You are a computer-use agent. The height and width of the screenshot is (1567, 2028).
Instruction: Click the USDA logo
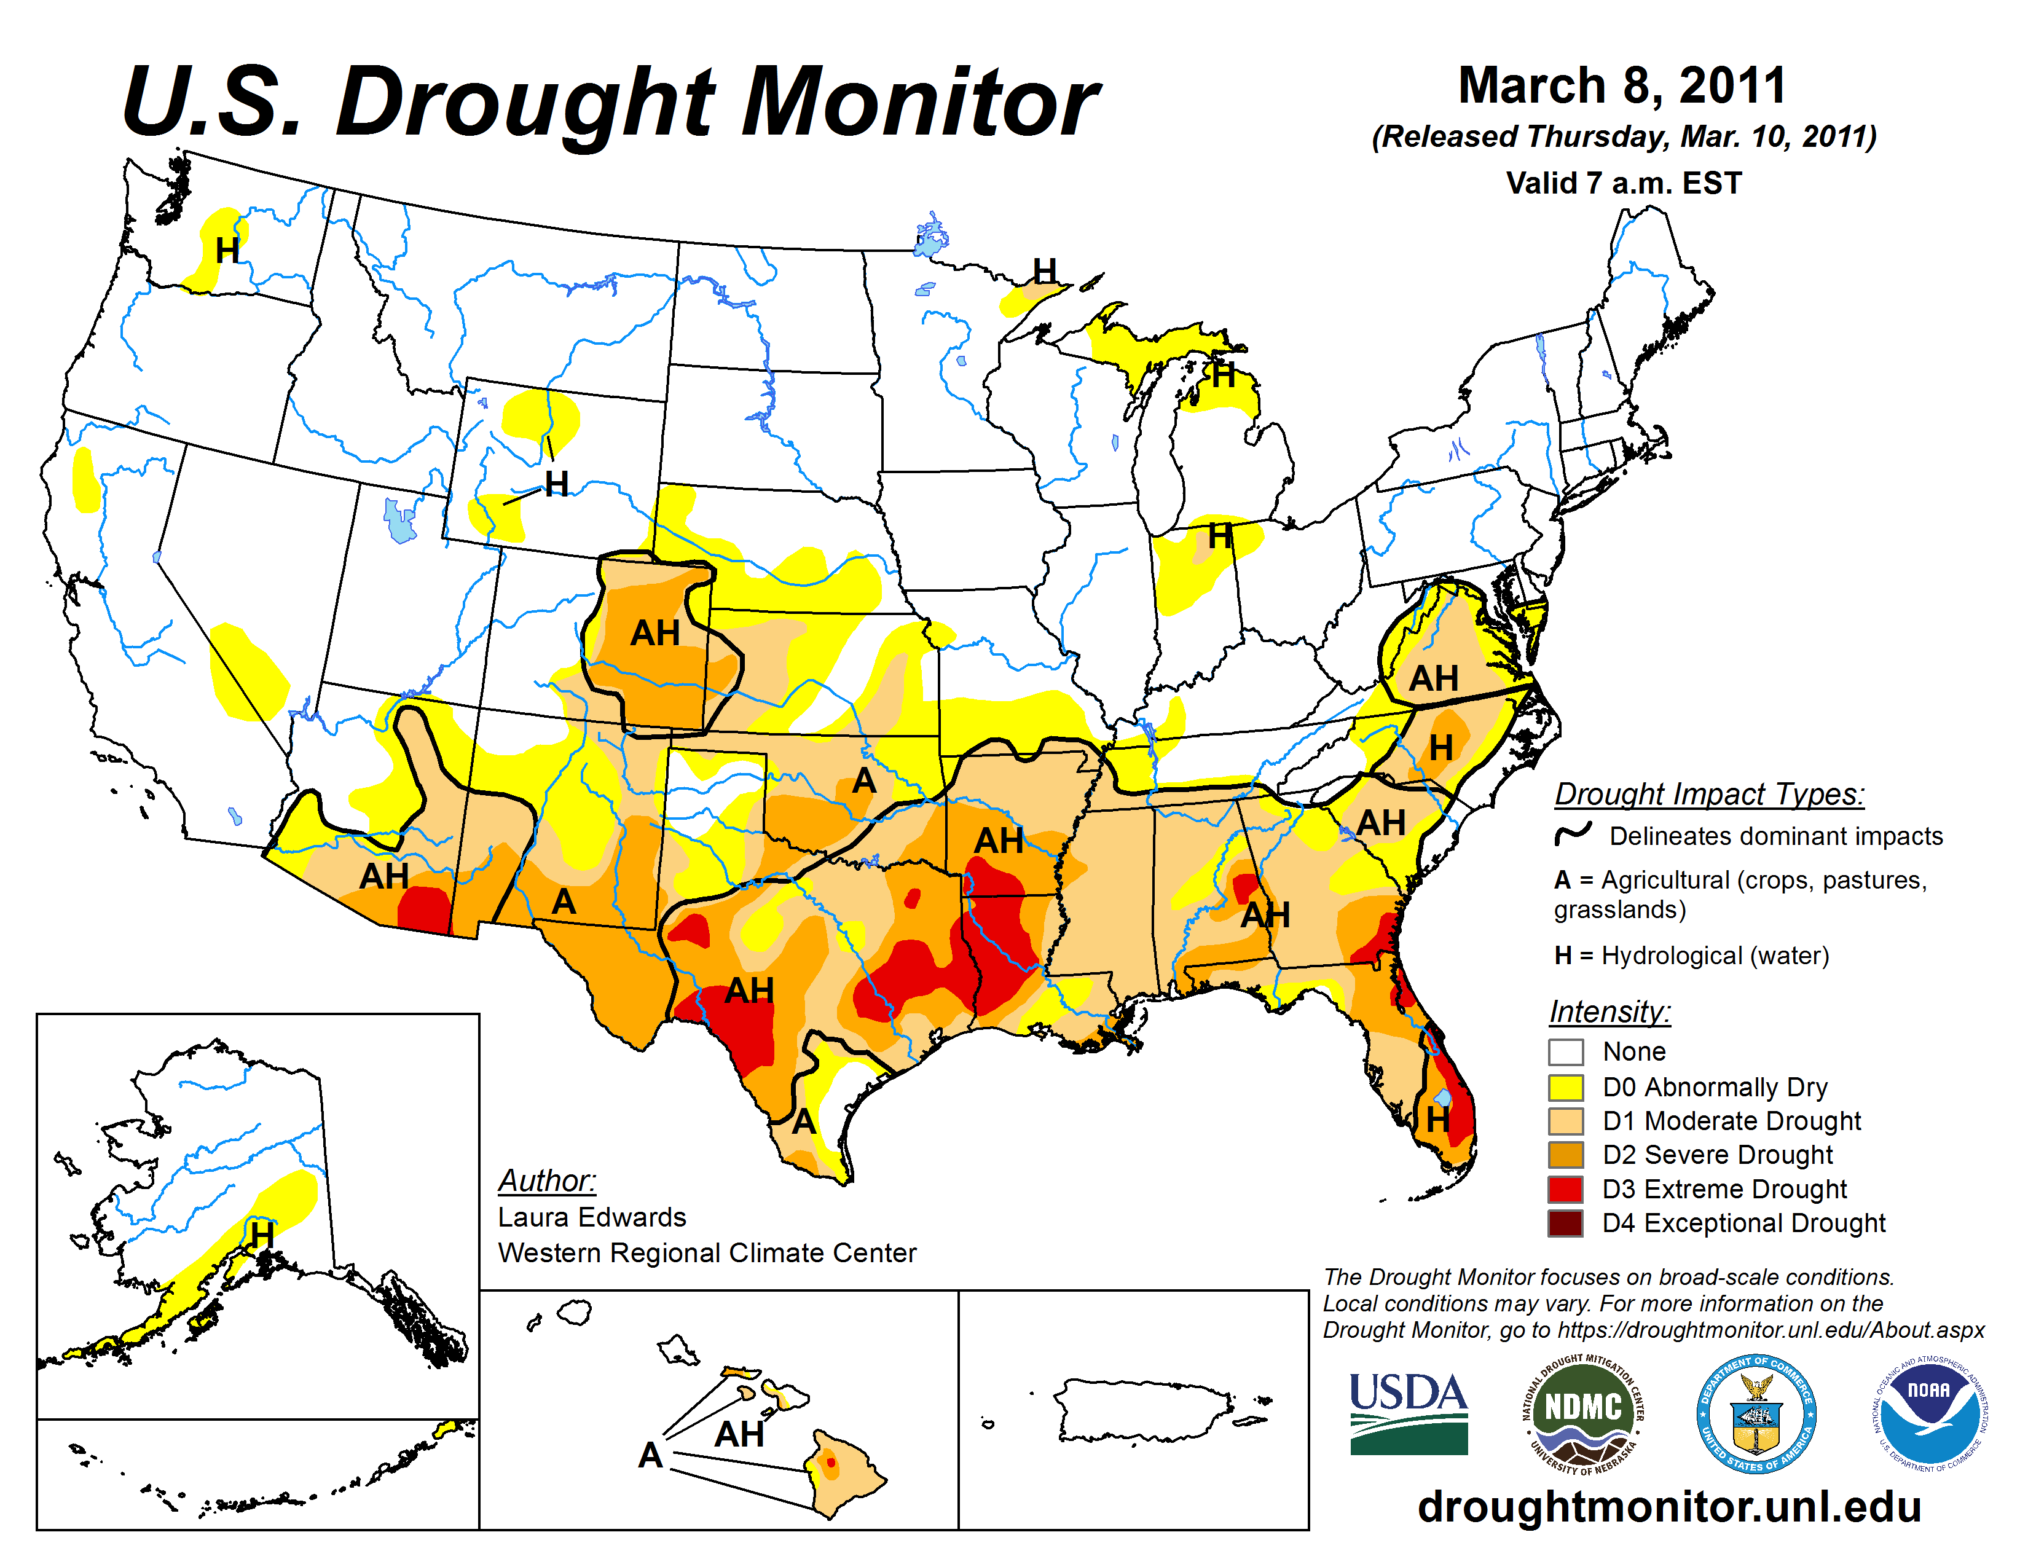pos(1408,1412)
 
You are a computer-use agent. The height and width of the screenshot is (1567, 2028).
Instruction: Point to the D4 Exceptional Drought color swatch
pos(1566,1223)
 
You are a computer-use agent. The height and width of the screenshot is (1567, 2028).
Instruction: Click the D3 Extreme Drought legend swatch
pos(1566,1188)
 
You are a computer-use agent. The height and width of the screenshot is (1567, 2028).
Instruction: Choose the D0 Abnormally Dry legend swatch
pos(1566,1086)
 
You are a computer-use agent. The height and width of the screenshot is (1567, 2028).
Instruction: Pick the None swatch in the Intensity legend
pos(1566,1052)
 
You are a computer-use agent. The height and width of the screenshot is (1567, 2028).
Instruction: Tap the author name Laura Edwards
pos(591,1217)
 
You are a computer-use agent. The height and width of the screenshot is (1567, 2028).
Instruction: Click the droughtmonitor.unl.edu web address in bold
pos(1668,1506)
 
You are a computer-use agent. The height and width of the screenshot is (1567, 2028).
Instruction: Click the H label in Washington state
pos(227,251)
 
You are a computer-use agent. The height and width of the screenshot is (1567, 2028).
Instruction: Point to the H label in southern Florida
pos(1437,1120)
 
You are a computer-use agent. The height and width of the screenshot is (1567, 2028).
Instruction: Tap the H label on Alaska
pos(262,1235)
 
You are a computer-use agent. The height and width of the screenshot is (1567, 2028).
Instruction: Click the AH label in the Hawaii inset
pos(739,1434)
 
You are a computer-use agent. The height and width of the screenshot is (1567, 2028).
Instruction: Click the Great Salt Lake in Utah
pos(400,520)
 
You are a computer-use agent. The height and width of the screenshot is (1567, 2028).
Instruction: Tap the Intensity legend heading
pos(1609,1011)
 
